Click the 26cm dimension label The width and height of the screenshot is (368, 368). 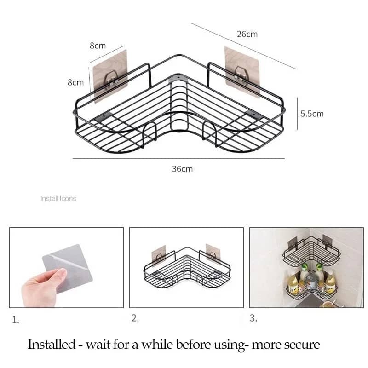pyautogui.click(x=247, y=34)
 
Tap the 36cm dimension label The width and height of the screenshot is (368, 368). pyautogui.click(x=182, y=169)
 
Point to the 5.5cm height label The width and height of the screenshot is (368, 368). pyautogui.click(x=312, y=114)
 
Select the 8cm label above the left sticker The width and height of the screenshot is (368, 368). pyautogui.click(x=98, y=46)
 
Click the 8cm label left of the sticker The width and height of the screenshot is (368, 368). pyautogui.click(x=75, y=82)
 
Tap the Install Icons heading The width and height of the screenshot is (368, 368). pyautogui.click(x=58, y=199)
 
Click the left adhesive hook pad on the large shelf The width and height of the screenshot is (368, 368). pyautogui.click(x=110, y=76)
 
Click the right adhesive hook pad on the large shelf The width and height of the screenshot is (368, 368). pyautogui.click(x=242, y=72)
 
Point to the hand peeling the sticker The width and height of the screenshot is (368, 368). pyautogui.click(x=42, y=287)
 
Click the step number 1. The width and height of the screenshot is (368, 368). pyautogui.click(x=16, y=320)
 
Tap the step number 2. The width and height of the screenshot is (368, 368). pyautogui.click(x=135, y=318)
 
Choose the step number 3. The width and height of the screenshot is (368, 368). pyautogui.click(x=253, y=318)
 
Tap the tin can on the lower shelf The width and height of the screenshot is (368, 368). pyautogui.click(x=311, y=282)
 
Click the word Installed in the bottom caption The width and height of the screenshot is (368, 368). pyautogui.click(x=52, y=345)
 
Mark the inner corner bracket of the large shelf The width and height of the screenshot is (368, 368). pyautogui.click(x=178, y=78)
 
